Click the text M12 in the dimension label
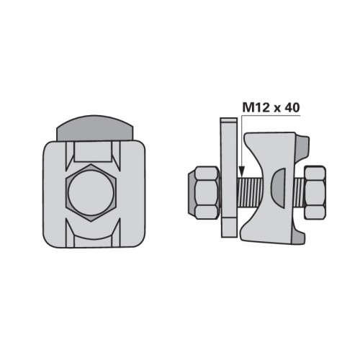point(256,107)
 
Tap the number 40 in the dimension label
point(292,107)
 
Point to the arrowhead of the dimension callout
point(242,171)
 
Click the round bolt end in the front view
point(91,193)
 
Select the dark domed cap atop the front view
point(94,128)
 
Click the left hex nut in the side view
point(207,192)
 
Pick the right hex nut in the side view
point(315,192)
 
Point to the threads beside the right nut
point(300,193)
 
